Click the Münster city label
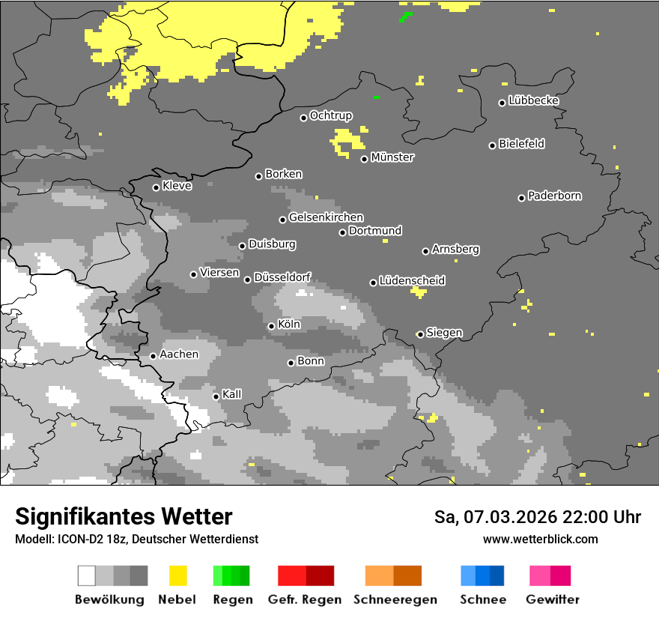[x=392, y=157]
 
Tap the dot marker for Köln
[x=271, y=326]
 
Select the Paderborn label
[x=554, y=196]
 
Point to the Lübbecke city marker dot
[x=502, y=103]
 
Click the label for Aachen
[x=179, y=354]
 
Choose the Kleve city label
[x=177, y=186]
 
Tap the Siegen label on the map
[x=444, y=333]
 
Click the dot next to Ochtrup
[x=303, y=118]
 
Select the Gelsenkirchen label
[x=326, y=217]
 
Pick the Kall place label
[x=231, y=394]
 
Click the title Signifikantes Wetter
[x=124, y=516]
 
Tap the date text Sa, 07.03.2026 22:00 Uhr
[x=538, y=517]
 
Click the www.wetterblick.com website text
[x=540, y=539]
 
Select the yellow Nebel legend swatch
[x=177, y=576]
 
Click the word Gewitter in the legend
[x=552, y=600]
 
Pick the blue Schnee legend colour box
[x=482, y=576]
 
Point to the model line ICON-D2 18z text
[x=136, y=539]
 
